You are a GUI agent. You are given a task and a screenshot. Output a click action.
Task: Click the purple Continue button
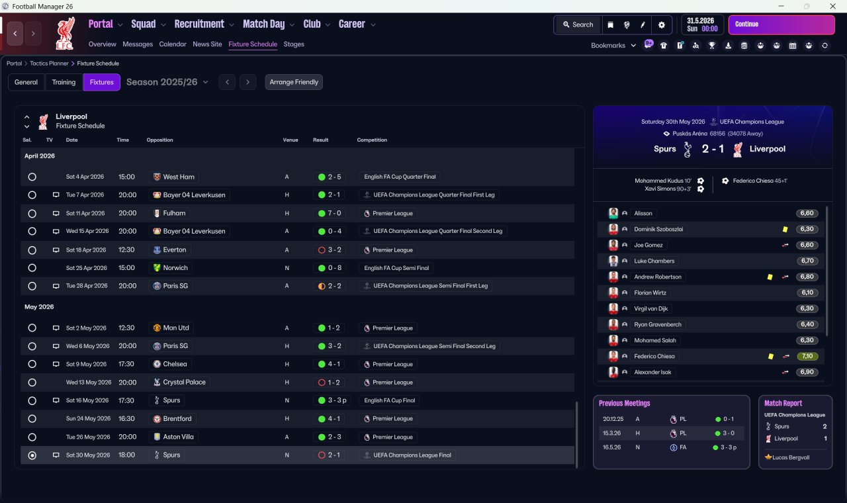[781, 24]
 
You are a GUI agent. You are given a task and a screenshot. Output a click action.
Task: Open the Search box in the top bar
[578, 24]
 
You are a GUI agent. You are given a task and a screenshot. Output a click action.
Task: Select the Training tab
[64, 82]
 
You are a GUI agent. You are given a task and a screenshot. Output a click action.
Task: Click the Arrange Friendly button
[294, 82]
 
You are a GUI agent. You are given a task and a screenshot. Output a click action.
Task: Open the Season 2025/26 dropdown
[167, 82]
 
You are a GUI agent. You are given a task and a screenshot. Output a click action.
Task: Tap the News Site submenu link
[207, 44]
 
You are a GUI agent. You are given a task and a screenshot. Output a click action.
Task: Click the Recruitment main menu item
[199, 24]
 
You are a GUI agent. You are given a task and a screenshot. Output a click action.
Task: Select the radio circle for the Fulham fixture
[32, 214]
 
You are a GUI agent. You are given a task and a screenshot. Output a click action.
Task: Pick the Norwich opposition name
[175, 268]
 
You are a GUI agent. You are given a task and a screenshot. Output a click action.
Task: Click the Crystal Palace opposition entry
[184, 382]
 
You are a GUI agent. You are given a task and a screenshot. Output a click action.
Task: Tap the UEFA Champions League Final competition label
[412, 455]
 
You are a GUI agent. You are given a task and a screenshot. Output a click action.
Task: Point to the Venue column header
[290, 140]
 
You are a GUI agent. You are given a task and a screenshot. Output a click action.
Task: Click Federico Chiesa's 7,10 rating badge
[807, 356]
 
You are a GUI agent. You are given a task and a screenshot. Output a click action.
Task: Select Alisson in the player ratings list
[643, 213]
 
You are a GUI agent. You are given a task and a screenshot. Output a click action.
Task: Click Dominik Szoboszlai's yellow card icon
[785, 229]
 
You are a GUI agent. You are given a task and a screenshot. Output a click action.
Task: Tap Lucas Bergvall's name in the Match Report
[791, 457]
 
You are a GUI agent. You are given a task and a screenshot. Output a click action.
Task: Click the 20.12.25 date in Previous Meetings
[612, 419]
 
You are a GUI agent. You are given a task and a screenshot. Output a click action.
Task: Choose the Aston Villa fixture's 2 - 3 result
[334, 437]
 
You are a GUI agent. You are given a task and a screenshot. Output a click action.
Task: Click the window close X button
[832, 6]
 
